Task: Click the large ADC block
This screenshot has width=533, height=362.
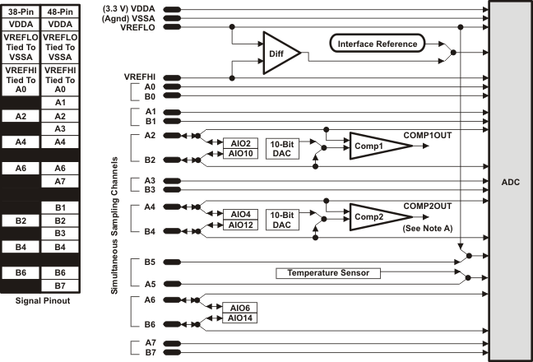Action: [x=510, y=181]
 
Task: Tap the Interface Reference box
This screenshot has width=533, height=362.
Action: [x=384, y=44]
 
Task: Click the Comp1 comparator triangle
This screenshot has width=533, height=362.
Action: [x=376, y=146]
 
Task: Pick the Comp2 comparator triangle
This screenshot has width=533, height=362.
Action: [x=376, y=216]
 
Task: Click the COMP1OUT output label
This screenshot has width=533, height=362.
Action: [x=427, y=133]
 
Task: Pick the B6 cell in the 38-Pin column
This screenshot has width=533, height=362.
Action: [x=20, y=271]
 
